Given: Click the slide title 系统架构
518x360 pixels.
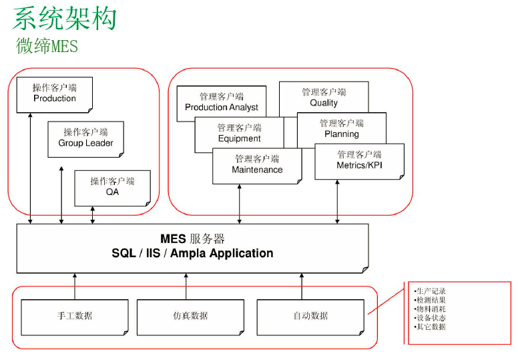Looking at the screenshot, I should pyautogui.click(x=65, y=19).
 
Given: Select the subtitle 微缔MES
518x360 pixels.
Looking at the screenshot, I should pyautogui.click(x=47, y=47).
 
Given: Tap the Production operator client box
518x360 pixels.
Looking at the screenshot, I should pyautogui.click(x=55, y=94).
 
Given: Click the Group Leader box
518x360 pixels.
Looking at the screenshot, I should pyautogui.click(x=85, y=138).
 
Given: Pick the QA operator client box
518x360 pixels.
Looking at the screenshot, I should pyautogui.click(x=112, y=187).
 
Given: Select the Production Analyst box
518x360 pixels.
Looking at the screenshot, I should pyautogui.click(x=221, y=102).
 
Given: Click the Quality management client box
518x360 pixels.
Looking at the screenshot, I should pyautogui.click(x=324, y=98).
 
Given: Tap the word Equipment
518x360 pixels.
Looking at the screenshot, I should pyautogui.click(x=239, y=139).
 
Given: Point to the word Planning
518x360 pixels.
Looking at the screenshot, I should pyautogui.click(x=342, y=134).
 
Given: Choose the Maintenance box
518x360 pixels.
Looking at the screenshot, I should pyautogui.click(x=257, y=165).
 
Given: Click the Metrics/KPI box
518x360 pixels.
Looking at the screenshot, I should pyautogui.click(x=359, y=160).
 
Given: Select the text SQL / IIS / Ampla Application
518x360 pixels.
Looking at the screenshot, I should pyautogui.click(x=192, y=254).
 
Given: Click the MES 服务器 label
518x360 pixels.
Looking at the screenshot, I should pyautogui.click(x=192, y=239).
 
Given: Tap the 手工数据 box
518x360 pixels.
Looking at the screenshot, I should pyautogui.click(x=75, y=316).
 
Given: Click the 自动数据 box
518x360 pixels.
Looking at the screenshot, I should pyautogui.click(x=310, y=316).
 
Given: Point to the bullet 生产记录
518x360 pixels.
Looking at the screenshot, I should pyautogui.click(x=431, y=291).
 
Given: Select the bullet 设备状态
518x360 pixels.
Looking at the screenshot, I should pyautogui.click(x=431, y=318).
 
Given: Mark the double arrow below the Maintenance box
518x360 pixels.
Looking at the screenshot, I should pyautogui.click(x=240, y=204).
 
